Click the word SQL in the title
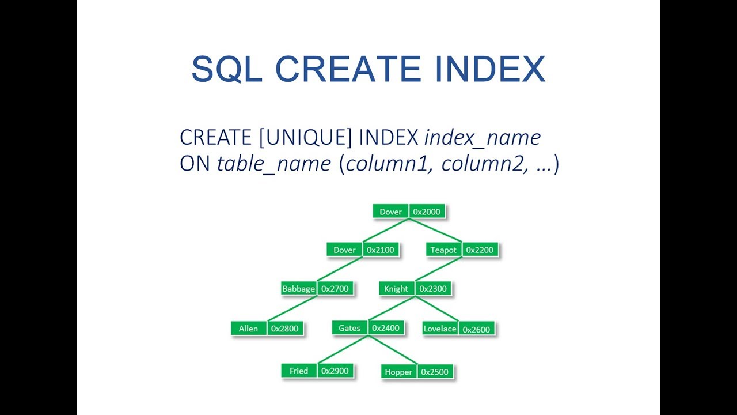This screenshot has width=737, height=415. point(227,69)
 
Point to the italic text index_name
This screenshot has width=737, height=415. point(483,138)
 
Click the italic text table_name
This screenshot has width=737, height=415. point(273,164)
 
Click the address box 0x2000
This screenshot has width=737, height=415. point(427,212)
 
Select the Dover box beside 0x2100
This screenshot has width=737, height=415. point(344,250)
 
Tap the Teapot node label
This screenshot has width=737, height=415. point(443,250)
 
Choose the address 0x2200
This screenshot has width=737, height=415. point(479,250)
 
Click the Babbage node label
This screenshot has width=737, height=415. point(298,289)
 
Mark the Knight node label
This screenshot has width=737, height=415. point(396,289)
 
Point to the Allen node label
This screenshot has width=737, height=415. point(248,329)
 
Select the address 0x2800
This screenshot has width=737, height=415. point(284,329)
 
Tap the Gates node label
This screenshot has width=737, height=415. point(349,328)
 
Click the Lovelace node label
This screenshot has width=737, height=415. point(440,329)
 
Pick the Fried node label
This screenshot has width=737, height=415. point(299,371)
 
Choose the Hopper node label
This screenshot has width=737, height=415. point(398,372)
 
